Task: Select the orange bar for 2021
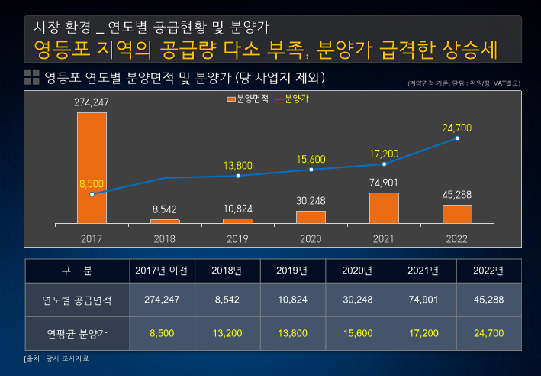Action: (384, 207)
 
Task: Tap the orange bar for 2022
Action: (457, 213)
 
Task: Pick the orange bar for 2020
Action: (311, 216)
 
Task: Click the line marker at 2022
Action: (457, 138)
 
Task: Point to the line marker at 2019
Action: (238, 176)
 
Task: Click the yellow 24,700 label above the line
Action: (457, 127)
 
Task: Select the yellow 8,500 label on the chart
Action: (92, 183)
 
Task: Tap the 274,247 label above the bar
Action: (92, 102)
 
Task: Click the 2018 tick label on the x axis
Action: (165, 238)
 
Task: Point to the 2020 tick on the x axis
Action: (311, 238)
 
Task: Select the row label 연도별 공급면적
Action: (76, 300)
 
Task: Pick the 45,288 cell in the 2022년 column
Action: (488, 300)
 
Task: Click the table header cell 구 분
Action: (76, 271)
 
